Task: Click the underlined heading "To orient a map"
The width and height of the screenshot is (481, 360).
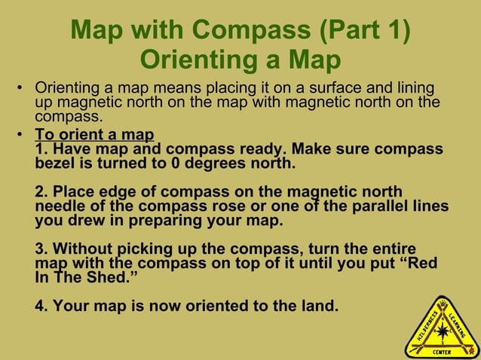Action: pos(94,136)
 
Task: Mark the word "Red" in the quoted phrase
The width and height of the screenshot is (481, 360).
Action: pos(423,264)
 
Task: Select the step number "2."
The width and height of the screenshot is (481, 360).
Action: pos(41,192)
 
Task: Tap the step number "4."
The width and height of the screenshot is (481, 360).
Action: pos(41,307)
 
